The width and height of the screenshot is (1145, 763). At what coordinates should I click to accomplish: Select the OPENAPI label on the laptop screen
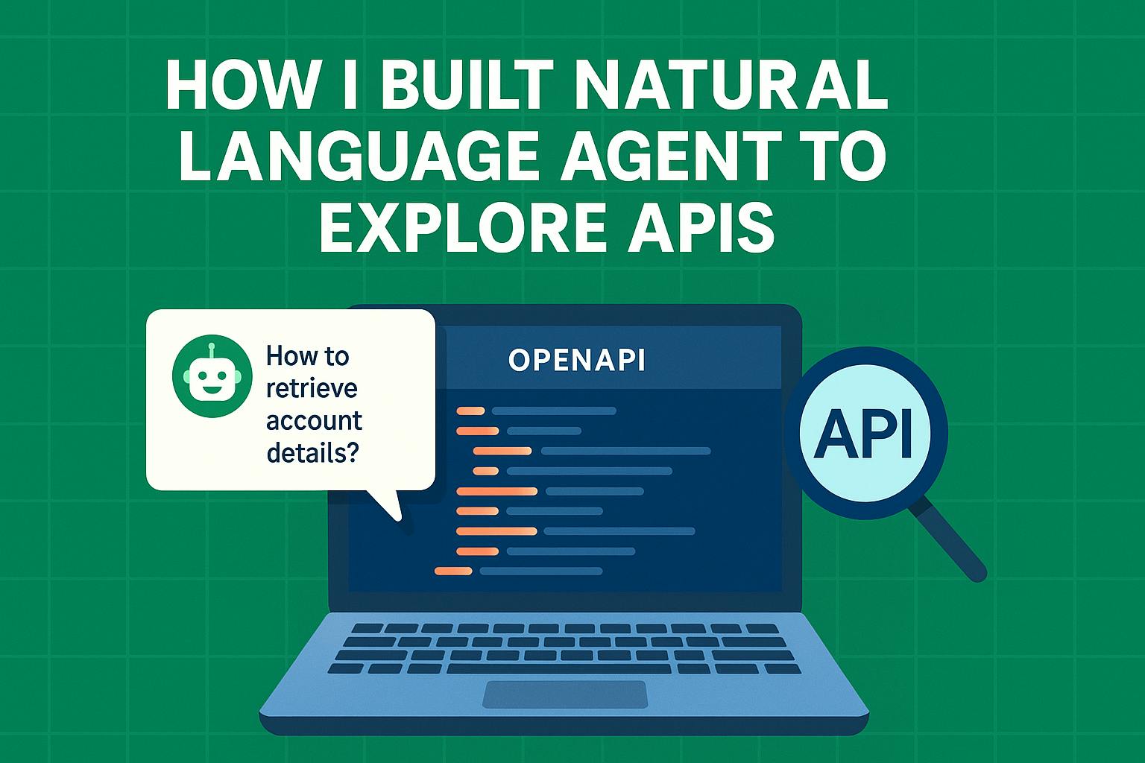576,361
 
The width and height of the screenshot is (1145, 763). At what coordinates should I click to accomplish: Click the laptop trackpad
565,694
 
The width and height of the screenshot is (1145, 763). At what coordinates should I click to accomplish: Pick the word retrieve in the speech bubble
312,388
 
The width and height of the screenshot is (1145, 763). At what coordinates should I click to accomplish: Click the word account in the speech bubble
314,420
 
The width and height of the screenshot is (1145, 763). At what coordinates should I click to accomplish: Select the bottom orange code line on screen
452,572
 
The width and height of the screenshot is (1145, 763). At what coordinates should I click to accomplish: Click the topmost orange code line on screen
470,411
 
